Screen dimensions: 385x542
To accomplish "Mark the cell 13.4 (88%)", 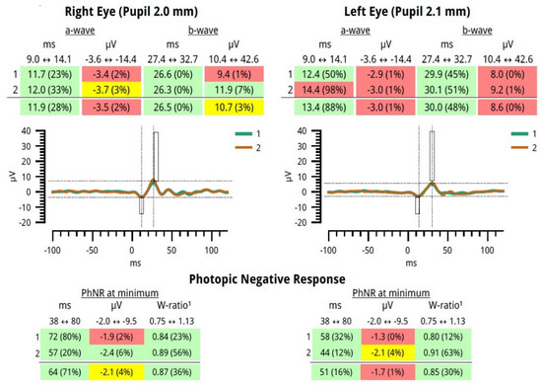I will tap(316, 106).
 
